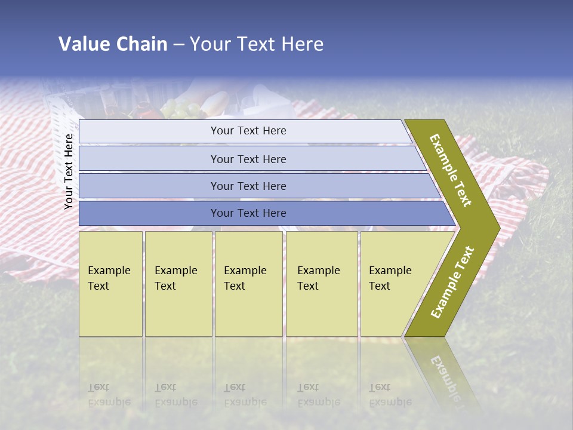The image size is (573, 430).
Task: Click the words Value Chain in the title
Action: tap(113, 44)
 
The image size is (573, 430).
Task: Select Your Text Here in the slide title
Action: tap(257, 44)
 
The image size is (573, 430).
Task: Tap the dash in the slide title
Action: tap(178, 45)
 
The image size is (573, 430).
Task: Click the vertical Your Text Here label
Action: tap(69, 171)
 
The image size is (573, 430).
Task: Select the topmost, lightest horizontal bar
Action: tap(248, 131)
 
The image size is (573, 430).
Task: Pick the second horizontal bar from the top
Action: tap(248, 159)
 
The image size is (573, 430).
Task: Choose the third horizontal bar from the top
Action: tap(248, 186)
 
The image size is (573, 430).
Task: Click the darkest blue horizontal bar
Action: tap(248, 213)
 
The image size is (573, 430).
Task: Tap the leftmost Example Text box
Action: tap(110, 283)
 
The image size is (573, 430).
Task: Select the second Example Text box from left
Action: tap(178, 283)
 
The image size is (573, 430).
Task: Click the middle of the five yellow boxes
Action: tap(248, 283)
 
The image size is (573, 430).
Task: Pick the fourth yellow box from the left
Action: tap(322, 283)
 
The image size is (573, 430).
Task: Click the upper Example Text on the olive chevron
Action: tap(451, 170)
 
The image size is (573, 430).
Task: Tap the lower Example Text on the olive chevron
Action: tap(452, 282)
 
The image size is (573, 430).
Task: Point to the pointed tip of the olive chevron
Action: tap(498, 228)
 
